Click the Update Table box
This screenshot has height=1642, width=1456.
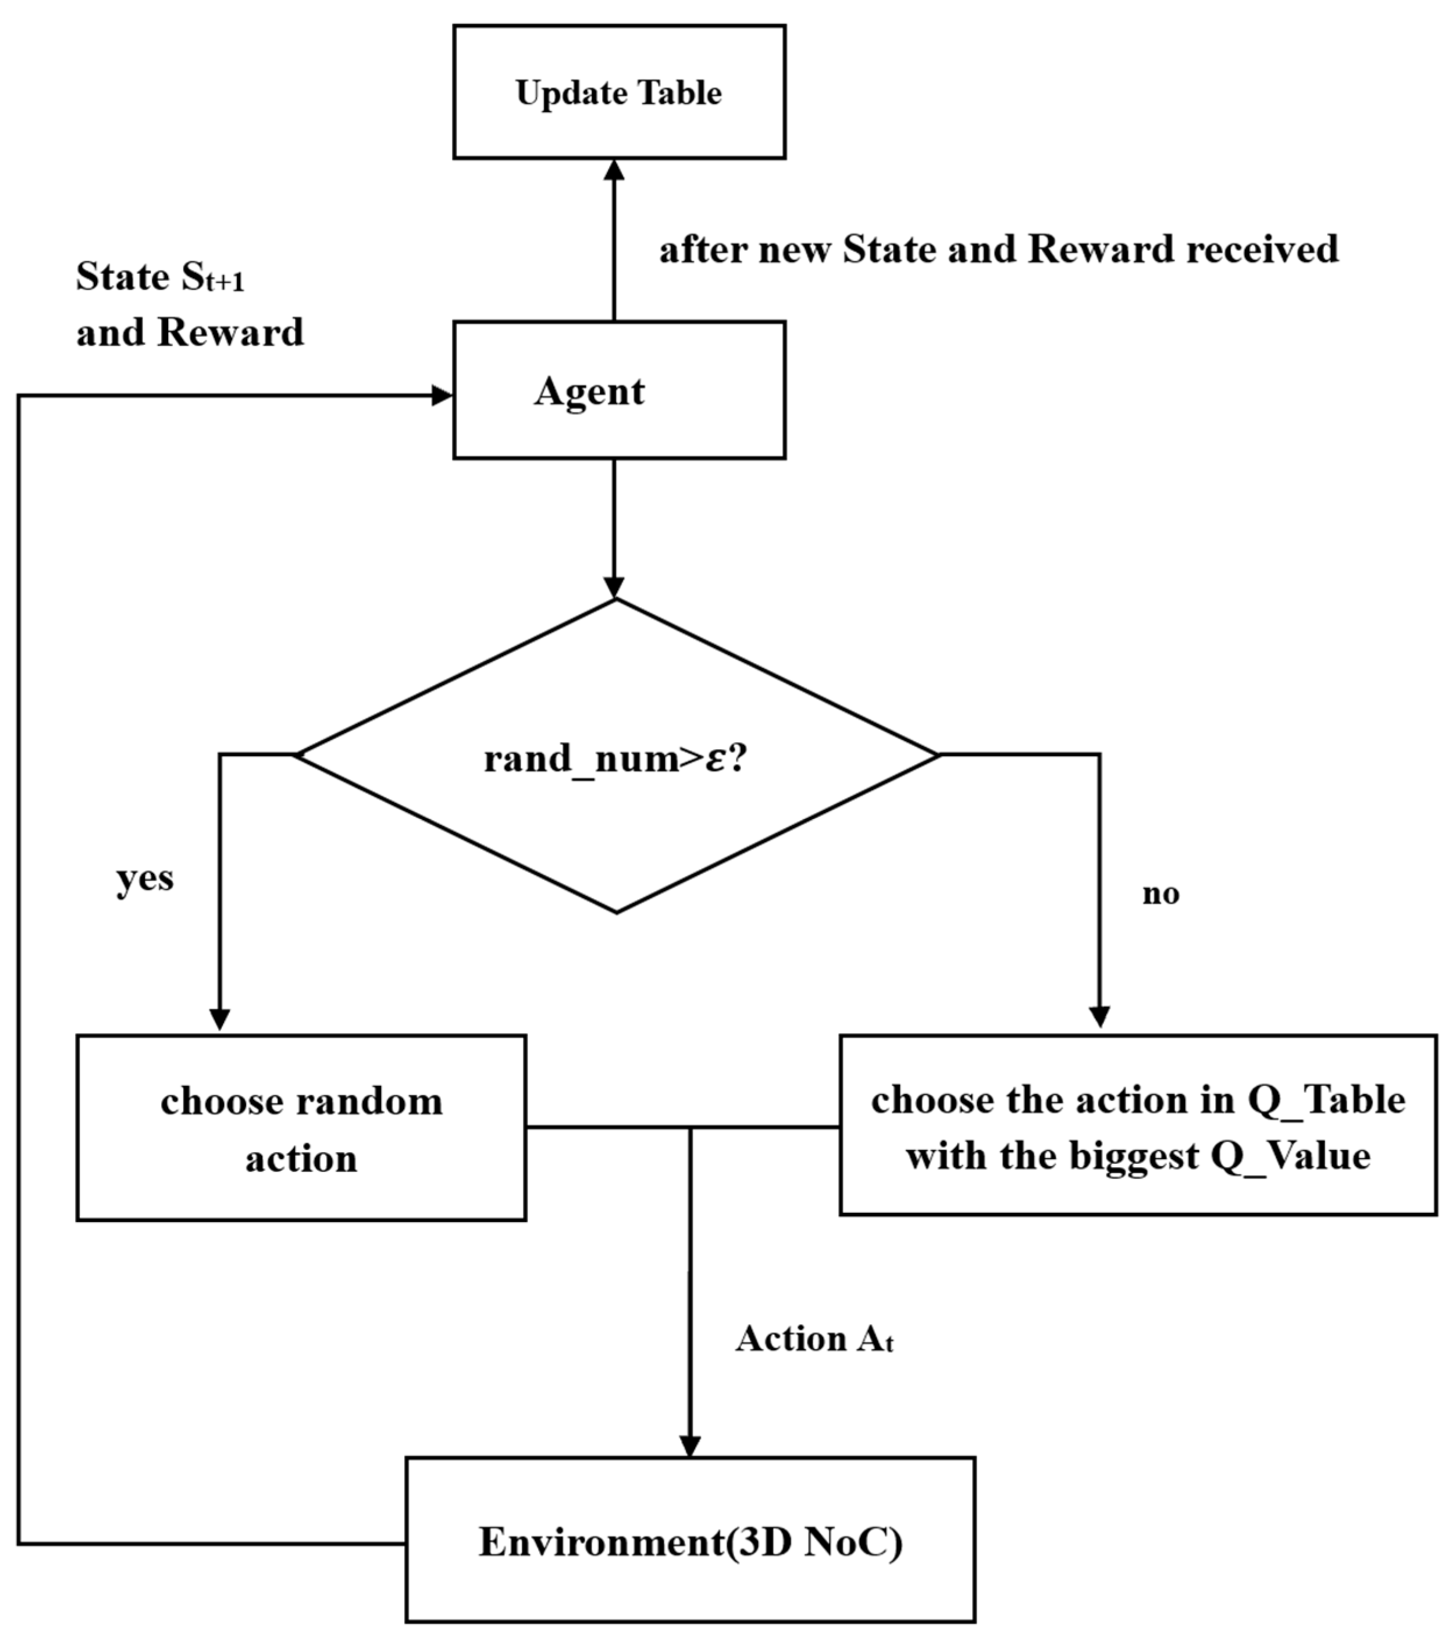[x=619, y=91]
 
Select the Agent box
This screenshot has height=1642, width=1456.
[x=619, y=390]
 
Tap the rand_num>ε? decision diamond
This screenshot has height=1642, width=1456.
[x=616, y=757]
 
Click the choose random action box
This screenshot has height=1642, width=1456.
[x=301, y=1128]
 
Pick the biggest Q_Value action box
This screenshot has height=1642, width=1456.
[x=1138, y=1125]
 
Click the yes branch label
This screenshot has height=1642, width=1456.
[x=145, y=878]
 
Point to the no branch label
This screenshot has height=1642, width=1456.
[x=1160, y=893]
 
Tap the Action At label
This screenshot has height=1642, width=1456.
[x=813, y=1338]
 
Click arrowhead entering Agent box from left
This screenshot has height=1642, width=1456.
[x=442, y=396]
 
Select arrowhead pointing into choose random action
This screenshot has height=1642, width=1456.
[x=219, y=1018]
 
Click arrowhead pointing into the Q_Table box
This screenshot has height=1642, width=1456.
[x=1099, y=1017]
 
